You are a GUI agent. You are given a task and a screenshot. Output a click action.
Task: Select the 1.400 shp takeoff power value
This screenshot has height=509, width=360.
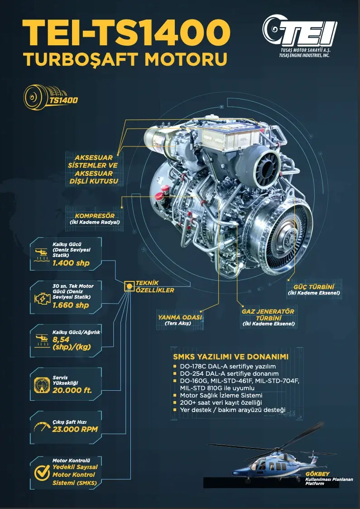71,263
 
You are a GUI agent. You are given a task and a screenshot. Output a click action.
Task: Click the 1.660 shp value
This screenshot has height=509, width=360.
71,305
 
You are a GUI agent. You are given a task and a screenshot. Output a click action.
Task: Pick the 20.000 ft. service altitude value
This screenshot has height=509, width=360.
72,390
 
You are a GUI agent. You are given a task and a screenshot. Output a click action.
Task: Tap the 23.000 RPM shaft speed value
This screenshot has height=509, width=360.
75,430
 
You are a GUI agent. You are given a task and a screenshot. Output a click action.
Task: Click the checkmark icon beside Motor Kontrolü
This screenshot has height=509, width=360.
42,473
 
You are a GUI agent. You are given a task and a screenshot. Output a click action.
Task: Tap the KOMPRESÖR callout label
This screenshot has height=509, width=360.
95,216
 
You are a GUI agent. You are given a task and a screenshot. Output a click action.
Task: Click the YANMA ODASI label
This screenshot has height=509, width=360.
180,317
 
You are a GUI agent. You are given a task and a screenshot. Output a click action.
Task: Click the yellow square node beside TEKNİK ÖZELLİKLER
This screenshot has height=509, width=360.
129,286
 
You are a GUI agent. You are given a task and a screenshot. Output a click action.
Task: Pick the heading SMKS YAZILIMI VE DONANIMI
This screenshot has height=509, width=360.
230,356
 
